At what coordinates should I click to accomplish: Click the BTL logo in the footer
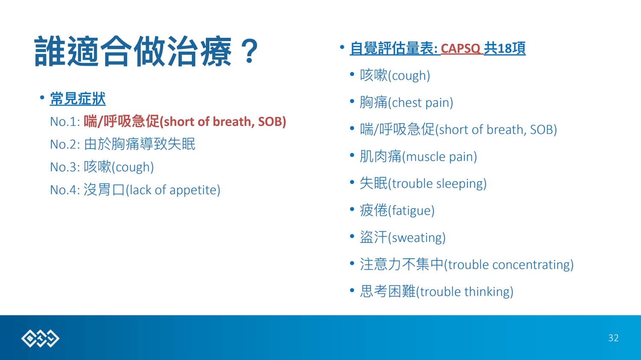[40, 338]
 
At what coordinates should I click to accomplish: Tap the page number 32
[613, 338]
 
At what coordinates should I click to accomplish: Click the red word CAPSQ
[460, 48]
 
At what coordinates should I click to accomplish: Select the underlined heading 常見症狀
[77, 99]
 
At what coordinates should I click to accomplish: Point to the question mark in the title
[250, 51]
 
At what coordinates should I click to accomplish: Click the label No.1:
[65, 122]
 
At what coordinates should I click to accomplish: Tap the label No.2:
[65, 144]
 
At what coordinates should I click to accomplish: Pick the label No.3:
[65, 167]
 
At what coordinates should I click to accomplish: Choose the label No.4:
[65, 190]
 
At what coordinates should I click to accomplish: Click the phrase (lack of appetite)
[173, 190]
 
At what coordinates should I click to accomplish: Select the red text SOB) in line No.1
[272, 122]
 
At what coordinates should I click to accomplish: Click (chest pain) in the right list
[420, 102]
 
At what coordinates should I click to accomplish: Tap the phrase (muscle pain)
[440, 157]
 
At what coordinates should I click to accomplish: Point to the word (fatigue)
[411, 211]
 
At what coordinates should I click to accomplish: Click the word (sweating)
[417, 237]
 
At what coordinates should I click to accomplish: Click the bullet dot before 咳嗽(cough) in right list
[352, 74]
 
